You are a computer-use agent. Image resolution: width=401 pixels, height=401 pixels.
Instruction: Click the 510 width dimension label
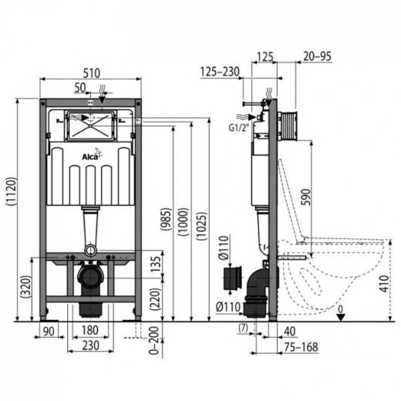click(92, 73)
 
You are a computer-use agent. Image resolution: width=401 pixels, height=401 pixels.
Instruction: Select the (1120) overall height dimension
click(12, 191)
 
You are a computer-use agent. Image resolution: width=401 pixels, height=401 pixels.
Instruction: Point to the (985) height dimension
click(166, 219)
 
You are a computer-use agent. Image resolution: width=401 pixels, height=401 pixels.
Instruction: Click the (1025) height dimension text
click(202, 226)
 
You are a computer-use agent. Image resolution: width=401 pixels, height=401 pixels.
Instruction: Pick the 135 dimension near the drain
click(155, 264)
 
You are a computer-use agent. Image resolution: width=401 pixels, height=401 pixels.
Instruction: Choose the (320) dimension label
click(25, 287)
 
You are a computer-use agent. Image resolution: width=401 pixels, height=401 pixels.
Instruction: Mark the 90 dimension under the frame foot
click(49, 332)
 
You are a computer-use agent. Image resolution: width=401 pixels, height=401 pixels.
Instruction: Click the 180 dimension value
click(90, 330)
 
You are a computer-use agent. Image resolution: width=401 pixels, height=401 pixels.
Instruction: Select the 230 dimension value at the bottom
click(91, 345)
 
